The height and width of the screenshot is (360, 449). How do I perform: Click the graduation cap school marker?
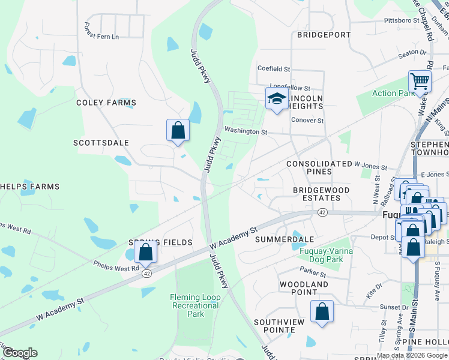276,99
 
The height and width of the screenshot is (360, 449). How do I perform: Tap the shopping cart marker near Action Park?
420,81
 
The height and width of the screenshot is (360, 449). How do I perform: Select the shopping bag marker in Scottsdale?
178,130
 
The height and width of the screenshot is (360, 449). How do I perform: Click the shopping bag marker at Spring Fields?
145,252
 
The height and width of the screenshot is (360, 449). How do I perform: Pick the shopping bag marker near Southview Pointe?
322,311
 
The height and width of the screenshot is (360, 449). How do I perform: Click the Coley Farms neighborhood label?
106,103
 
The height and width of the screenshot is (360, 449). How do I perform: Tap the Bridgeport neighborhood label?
324,35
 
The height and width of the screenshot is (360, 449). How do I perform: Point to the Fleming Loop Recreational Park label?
195,305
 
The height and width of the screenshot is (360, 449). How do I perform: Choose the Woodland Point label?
304,288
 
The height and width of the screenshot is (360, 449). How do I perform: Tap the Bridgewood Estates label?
321,194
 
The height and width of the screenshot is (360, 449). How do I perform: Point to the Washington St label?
246,131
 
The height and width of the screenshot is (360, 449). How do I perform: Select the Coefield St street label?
274,69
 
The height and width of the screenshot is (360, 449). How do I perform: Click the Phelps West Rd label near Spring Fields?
116,264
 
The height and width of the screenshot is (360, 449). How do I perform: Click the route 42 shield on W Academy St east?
323,212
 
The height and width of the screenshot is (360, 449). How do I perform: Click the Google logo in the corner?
19,353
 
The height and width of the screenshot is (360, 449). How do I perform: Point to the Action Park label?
393,93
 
